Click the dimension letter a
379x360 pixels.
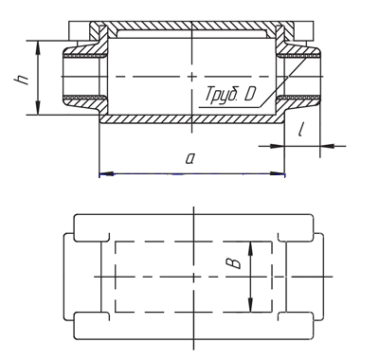(189, 158)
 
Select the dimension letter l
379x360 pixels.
(301, 130)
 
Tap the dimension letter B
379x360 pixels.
(234, 263)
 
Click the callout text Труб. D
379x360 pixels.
(229, 94)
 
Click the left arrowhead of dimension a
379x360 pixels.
(106, 173)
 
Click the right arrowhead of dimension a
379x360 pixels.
(278, 173)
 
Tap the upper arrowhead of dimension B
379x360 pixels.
(251, 248)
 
